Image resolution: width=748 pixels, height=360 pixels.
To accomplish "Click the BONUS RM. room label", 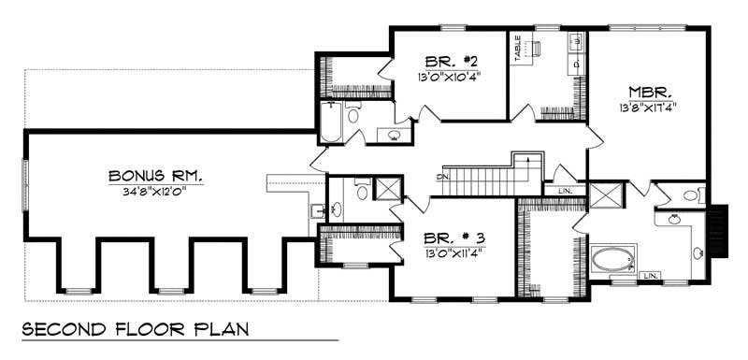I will pyautogui.click(x=155, y=175).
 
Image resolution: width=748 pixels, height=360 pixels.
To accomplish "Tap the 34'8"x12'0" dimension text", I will pyautogui.click(x=155, y=190).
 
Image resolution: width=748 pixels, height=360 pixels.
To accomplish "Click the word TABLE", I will pyautogui.click(x=517, y=50).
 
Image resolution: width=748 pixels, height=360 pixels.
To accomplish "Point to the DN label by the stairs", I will pyautogui.click(x=444, y=175).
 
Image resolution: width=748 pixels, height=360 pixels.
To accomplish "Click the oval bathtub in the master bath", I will pyautogui.click(x=613, y=258).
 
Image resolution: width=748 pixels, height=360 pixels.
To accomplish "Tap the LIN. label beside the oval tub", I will pyautogui.click(x=651, y=276).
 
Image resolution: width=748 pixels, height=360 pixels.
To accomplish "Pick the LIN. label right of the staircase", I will pyautogui.click(x=565, y=191).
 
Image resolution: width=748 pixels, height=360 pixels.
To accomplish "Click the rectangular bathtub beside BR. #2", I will pyautogui.click(x=331, y=122).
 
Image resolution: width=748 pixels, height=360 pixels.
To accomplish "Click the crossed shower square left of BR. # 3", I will pyautogui.click(x=386, y=187).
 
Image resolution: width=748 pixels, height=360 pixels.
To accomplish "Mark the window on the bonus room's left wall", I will pyautogui.click(x=25, y=179).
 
